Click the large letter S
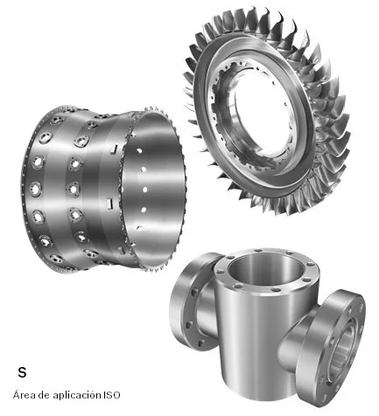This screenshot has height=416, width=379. click(x=22, y=372)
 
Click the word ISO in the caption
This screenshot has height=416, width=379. click(x=111, y=395)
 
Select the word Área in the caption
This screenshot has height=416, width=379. click(x=24, y=394)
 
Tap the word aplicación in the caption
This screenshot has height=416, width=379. click(x=77, y=395)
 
